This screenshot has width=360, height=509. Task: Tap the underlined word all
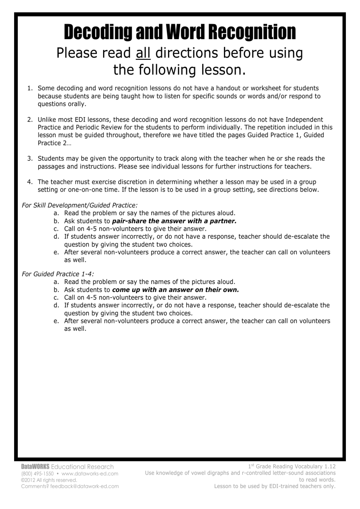coord(143,53)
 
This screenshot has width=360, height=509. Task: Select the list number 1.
coord(30,88)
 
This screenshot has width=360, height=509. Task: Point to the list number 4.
coord(30,182)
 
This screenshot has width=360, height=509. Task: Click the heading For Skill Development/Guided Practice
coord(79,205)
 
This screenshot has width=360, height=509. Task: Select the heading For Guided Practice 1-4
coord(58,274)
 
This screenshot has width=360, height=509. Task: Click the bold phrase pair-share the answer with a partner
coord(174,221)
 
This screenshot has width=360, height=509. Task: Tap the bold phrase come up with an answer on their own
coord(176,290)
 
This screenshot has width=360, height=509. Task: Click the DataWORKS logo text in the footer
coord(35,467)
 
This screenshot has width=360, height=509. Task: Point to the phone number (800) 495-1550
coord(37,473)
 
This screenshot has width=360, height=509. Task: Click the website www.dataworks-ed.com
coord(90,473)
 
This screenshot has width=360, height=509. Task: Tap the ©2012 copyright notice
coord(49,480)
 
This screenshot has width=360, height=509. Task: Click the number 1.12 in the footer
coord(330,467)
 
